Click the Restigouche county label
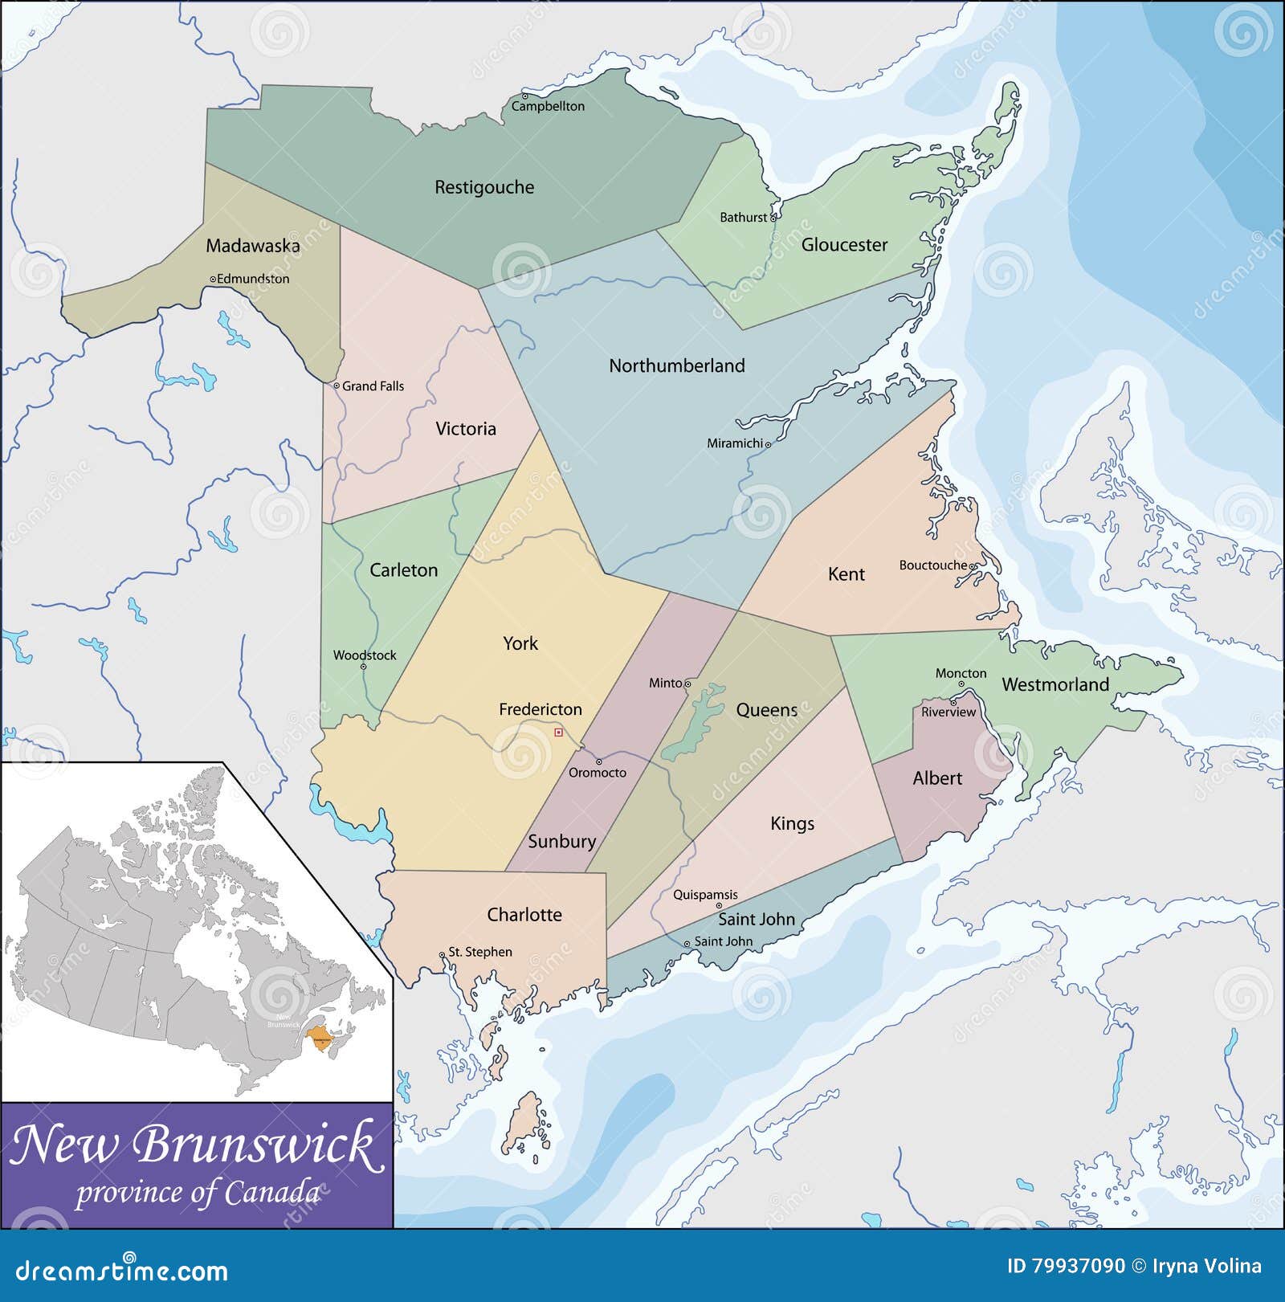coord(484,187)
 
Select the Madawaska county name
coord(253,246)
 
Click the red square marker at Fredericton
coord(558,733)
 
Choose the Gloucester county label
coord(844,245)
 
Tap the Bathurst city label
coord(743,218)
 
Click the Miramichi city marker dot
coord(768,444)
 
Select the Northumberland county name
coord(677,366)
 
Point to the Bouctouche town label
coord(932,565)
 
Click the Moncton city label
coord(961,673)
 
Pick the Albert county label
coord(937,778)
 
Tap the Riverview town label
coord(948,712)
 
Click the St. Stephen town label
coord(479,952)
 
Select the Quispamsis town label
coord(705,895)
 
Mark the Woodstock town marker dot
coord(363,667)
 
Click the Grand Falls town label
coord(373,386)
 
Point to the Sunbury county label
coord(561,842)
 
